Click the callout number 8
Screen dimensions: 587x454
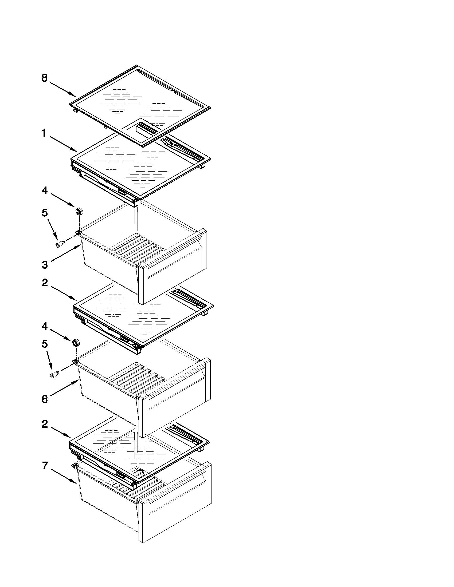[x=45, y=78]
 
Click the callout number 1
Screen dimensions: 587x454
[x=44, y=133]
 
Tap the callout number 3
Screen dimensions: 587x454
[x=45, y=265]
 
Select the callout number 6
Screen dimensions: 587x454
[x=45, y=399]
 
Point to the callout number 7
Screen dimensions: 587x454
[x=45, y=466]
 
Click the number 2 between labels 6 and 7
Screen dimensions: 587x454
[x=45, y=424]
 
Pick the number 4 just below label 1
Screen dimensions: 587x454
[x=45, y=191]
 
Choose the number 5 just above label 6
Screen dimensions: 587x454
[x=45, y=344]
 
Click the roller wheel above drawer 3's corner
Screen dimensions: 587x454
[x=79, y=211]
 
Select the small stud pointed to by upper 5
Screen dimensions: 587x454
[x=60, y=244]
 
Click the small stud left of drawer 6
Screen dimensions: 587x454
[x=54, y=374]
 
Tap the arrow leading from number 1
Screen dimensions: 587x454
[x=64, y=144]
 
